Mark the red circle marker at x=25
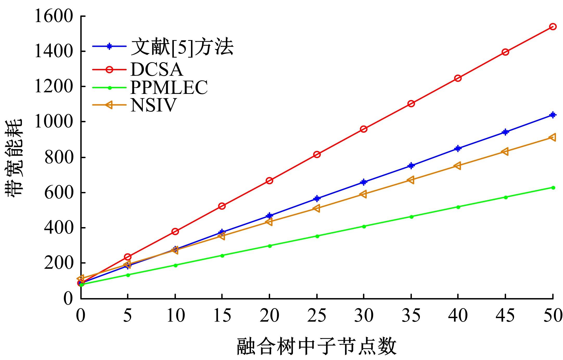[317, 155]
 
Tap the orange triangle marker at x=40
[458, 165]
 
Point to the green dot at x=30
[364, 226]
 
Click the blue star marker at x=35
[411, 165]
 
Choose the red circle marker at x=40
[458, 78]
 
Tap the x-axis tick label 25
[317, 316]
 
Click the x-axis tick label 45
[505, 316]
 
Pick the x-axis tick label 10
[175, 316]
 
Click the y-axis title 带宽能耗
[14, 157]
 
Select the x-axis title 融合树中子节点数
[317, 347]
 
